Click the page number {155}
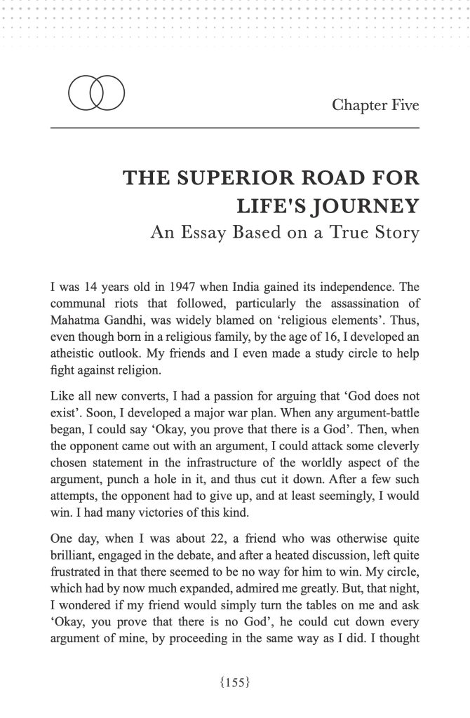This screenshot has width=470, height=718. pyautogui.click(x=235, y=680)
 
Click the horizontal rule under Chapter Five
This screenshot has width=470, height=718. pyautogui.click(x=235, y=128)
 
